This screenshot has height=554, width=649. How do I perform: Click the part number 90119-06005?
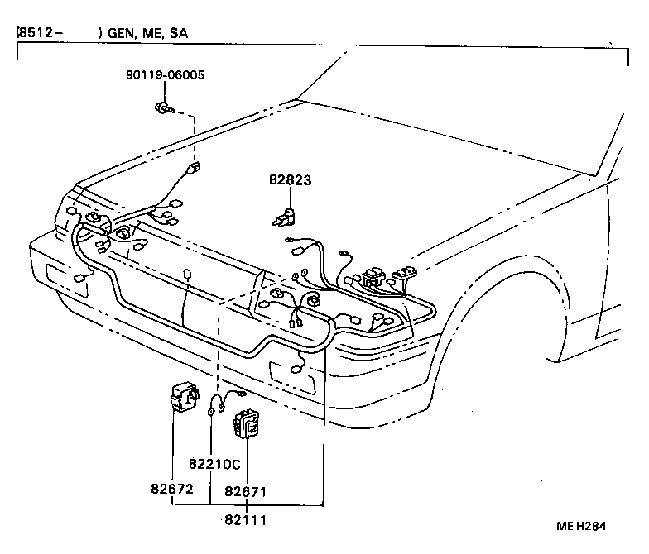(x=166, y=75)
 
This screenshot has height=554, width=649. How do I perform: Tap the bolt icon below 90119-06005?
(x=163, y=106)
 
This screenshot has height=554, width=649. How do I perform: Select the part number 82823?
(x=290, y=179)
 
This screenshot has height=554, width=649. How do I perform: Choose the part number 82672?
(x=171, y=490)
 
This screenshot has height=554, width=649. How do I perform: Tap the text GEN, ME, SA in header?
(x=147, y=34)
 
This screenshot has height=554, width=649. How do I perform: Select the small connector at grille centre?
(x=189, y=273)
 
